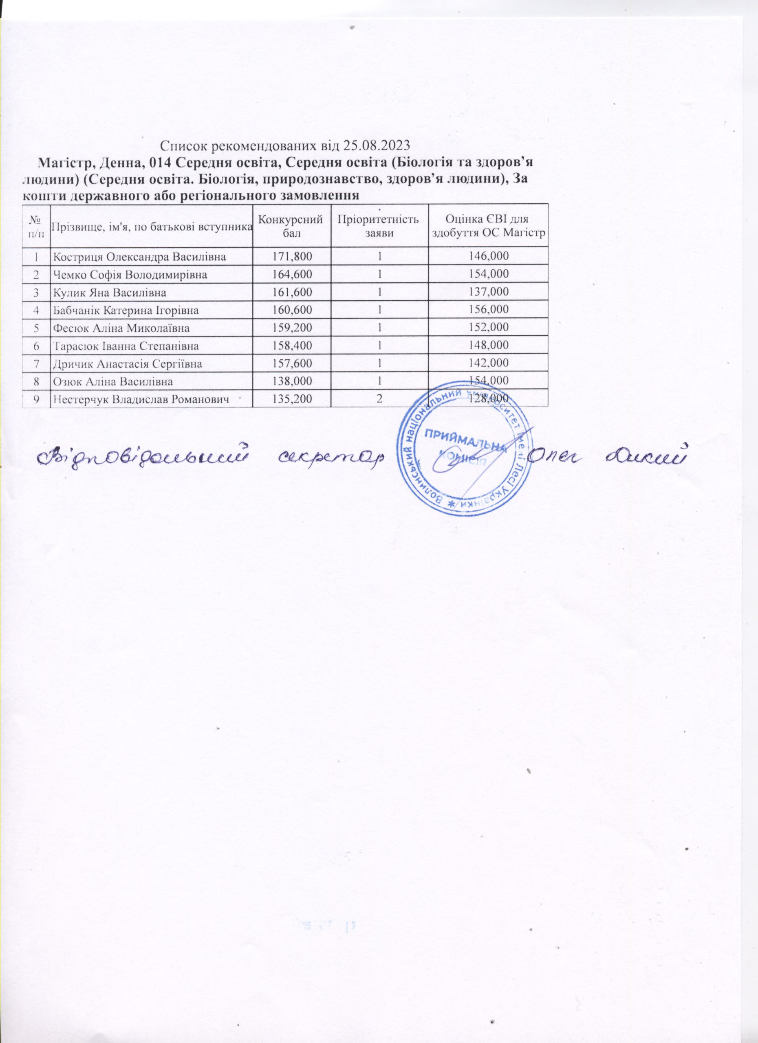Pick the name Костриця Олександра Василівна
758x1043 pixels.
(x=140, y=257)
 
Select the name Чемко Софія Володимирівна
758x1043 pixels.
(x=130, y=275)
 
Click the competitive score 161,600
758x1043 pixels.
(x=292, y=293)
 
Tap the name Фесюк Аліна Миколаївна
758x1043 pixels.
(x=121, y=328)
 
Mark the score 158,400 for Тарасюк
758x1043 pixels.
(x=292, y=346)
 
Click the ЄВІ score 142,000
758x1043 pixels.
(x=488, y=364)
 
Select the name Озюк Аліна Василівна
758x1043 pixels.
(x=113, y=382)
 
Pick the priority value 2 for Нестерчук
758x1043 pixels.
(x=379, y=399)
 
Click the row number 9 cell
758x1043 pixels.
(x=35, y=399)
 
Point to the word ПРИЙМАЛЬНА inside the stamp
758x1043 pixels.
(x=464, y=441)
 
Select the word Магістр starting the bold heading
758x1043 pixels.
(x=60, y=163)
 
